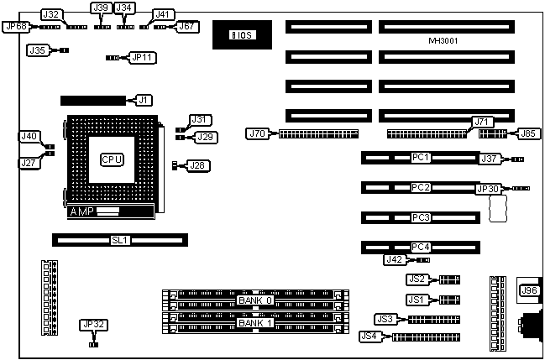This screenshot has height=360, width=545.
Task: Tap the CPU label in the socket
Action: [x=112, y=159]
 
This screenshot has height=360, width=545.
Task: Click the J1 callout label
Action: [x=143, y=101]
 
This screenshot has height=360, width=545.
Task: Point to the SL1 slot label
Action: [x=121, y=240]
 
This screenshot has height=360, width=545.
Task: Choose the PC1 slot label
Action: [x=421, y=157]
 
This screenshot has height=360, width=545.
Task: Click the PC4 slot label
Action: [x=421, y=247]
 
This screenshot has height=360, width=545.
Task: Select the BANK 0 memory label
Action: [x=255, y=300]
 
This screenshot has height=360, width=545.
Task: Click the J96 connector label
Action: [x=529, y=290]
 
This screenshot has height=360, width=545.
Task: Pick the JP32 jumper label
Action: [x=94, y=325]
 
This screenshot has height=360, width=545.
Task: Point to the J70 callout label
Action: [x=257, y=133]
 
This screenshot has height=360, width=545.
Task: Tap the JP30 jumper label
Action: [x=488, y=189]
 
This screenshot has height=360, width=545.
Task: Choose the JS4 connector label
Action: [x=369, y=337]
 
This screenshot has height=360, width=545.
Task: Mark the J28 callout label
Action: [x=197, y=165]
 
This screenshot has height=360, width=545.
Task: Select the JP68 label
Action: [x=16, y=26]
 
